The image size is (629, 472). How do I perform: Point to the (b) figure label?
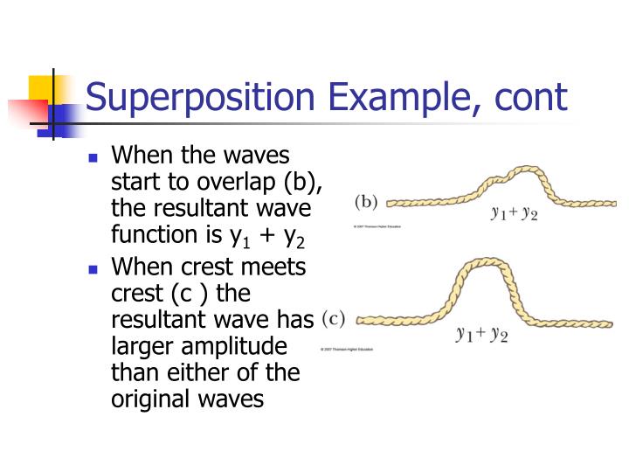pos(365,202)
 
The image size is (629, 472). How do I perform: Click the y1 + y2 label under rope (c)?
pos(481,335)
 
